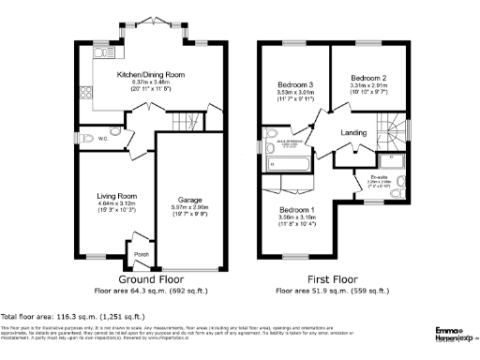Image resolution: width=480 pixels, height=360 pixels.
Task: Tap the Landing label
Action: (353, 132)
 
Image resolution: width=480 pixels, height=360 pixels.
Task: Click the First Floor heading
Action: (333, 279)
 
